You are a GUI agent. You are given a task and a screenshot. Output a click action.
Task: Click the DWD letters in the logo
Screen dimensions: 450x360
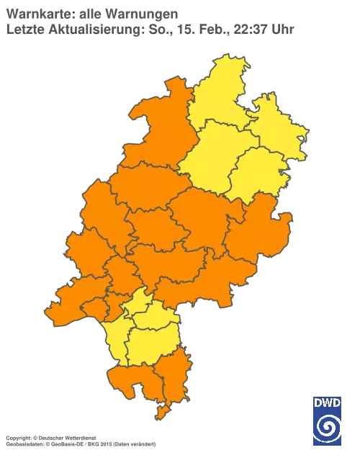pyautogui.click(x=328, y=403)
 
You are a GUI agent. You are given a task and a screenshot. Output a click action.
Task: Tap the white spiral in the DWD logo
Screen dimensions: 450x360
pyautogui.click(x=328, y=429)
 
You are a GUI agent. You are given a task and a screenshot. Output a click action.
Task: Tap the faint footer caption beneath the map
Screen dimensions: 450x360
pyautogui.click(x=79, y=437)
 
